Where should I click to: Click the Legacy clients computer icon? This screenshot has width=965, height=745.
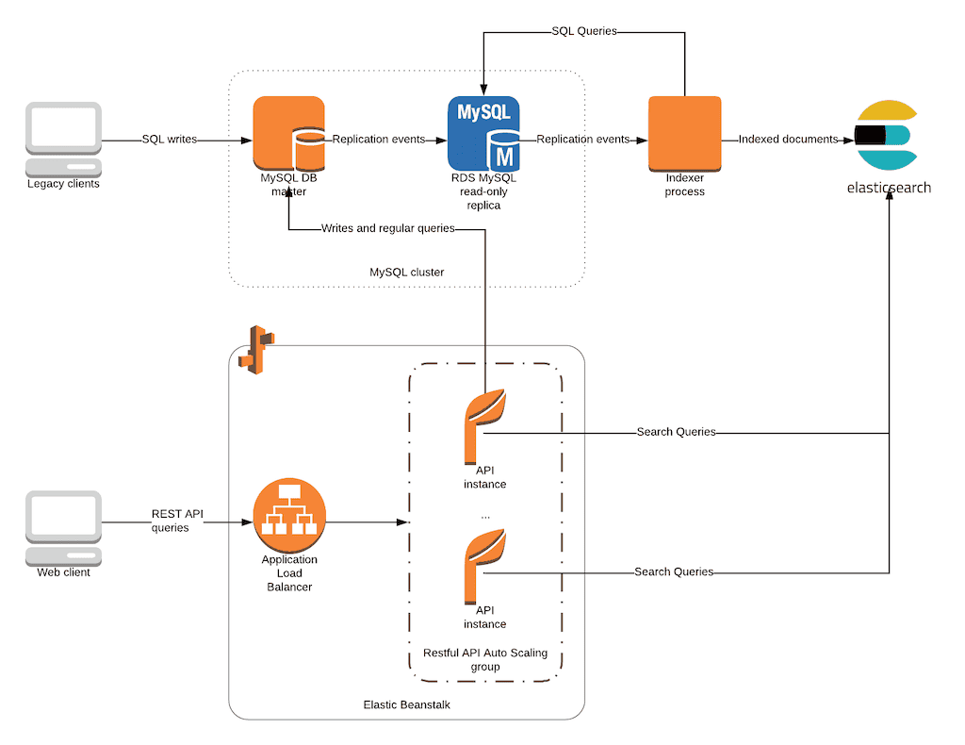point(63,139)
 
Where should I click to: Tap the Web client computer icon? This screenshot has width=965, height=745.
point(63,526)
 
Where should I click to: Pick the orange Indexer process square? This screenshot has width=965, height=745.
point(684,134)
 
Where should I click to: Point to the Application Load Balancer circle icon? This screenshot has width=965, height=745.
point(289,515)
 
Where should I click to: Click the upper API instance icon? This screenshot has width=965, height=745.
point(484,424)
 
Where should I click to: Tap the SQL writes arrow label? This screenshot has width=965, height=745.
point(170,140)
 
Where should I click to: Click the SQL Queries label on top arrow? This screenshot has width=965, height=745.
point(583,31)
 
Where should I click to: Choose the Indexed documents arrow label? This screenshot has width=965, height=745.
point(788,140)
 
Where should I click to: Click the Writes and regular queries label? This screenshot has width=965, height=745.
point(387,228)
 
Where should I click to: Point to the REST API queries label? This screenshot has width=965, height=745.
point(177,521)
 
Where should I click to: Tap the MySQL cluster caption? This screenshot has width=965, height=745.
point(406,273)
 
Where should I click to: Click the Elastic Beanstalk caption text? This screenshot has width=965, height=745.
point(406,704)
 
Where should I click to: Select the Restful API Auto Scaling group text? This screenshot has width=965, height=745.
point(485,659)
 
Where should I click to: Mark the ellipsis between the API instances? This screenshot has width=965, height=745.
point(484,517)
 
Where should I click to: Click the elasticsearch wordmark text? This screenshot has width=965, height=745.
point(888,187)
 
